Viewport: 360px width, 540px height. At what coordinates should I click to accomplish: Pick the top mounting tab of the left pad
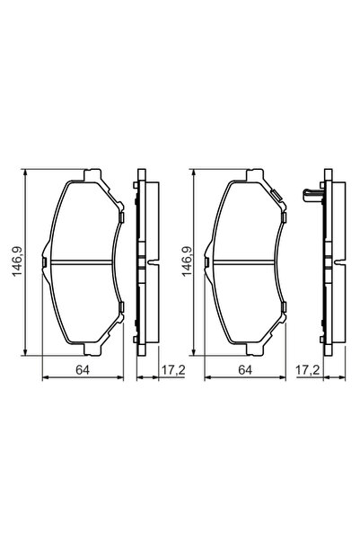(x=92, y=174)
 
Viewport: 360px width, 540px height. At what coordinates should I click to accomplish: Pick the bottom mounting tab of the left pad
(x=92, y=352)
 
